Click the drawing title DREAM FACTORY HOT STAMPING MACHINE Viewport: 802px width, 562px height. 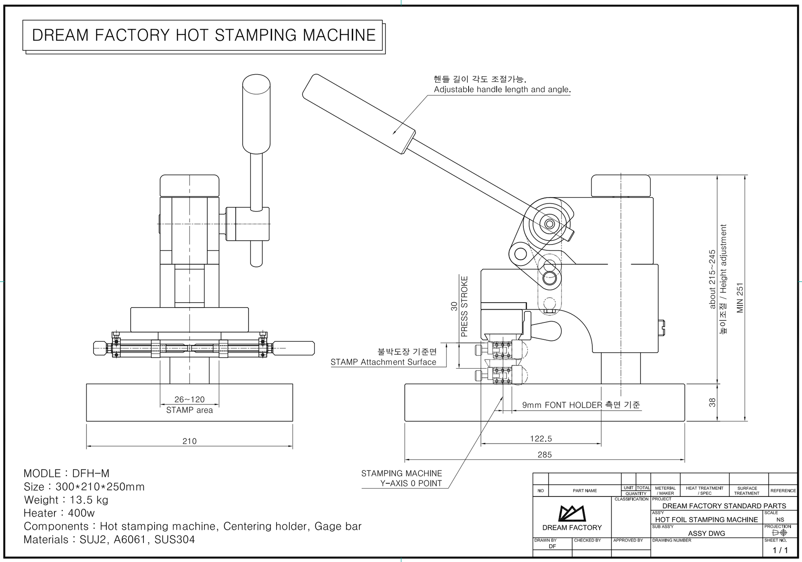[x=204, y=35]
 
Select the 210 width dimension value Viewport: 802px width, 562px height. [x=190, y=441]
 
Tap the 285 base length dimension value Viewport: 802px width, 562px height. [x=544, y=454]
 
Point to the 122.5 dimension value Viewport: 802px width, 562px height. [x=541, y=439]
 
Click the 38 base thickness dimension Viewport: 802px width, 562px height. [x=712, y=402]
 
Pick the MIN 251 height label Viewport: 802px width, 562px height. [x=740, y=298]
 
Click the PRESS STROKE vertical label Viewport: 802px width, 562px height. [x=464, y=306]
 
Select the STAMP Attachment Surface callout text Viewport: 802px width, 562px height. [x=383, y=362]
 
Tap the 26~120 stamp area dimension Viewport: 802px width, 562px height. [x=189, y=399]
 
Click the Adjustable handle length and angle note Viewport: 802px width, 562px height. [x=502, y=89]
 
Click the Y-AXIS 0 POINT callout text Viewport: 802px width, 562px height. [x=411, y=483]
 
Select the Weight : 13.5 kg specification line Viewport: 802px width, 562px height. [x=66, y=500]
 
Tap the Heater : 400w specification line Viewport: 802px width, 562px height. [x=59, y=513]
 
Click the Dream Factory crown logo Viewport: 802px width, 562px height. [x=572, y=513]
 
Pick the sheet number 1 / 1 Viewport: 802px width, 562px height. [x=780, y=550]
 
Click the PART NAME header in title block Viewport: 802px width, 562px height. [x=584, y=491]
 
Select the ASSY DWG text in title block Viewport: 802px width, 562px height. [x=706, y=533]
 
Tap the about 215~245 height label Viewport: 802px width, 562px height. [x=712, y=279]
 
